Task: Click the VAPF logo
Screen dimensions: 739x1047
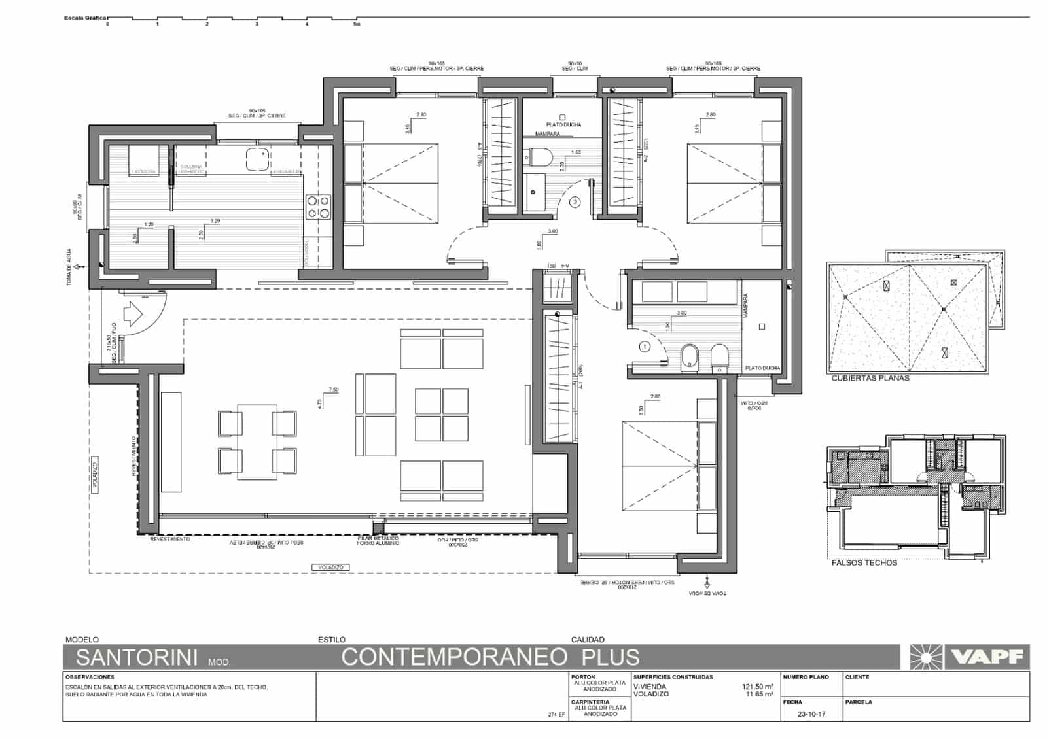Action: tap(969, 657)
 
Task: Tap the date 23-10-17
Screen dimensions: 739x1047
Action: tap(811, 714)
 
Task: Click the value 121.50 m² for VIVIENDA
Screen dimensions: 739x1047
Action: tap(758, 687)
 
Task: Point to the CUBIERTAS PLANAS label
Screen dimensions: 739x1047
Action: tap(870, 378)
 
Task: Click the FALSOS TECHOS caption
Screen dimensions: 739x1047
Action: tap(864, 562)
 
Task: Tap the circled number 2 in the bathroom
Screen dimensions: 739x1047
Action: tap(575, 203)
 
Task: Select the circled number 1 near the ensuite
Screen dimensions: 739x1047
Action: tap(645, 347)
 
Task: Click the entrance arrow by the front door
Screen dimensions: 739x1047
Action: tap(133, 313)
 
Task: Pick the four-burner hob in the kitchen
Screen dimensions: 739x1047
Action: tap(318, 207)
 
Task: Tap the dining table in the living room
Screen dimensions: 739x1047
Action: tap(257, 442)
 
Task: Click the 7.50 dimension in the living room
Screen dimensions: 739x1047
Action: tap(333, 390)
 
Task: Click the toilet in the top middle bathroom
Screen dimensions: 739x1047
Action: tap(541, 157)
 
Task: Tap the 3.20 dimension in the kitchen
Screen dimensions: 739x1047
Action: tap(215, 221)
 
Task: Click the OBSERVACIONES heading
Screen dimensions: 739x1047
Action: tap(90, 677)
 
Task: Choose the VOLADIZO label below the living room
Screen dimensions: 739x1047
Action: tap(330, 567)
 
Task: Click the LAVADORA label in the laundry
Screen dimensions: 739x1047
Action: tap(144, 172)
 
